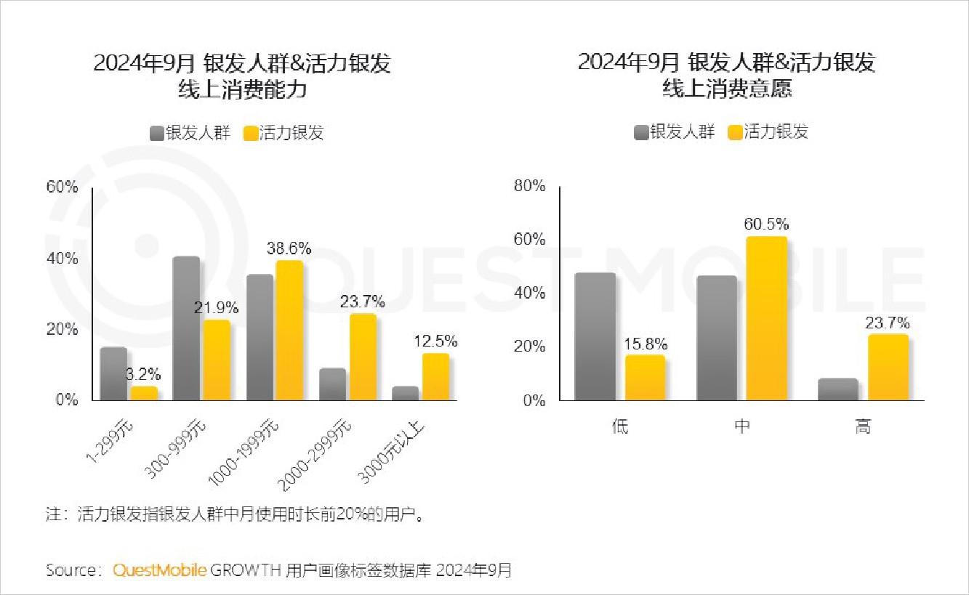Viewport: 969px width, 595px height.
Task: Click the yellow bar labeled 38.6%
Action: [x=289, y=331]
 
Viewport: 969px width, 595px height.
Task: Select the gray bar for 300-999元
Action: [x=186, y=328]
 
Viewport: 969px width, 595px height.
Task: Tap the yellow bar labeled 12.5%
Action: [x=435, y=376]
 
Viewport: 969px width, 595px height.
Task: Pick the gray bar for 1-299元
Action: [x=113, y=373]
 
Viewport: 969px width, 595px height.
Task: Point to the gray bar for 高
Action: [x=837, y=389]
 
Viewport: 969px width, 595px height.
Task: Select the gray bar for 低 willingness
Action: [x=595, y=336]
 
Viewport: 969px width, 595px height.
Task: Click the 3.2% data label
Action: [x=143, y=376]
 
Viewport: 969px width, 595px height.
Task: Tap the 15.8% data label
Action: [x=645, y=344]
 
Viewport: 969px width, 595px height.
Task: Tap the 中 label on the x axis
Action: [x=741, y=426]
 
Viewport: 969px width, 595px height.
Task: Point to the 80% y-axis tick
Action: [x=529, y=186]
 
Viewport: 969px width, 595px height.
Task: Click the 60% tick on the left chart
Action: [x=62, y=187]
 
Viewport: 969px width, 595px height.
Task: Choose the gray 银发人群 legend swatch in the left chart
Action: [x=157, y=133]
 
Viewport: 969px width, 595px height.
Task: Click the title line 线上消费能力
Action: [x=242, y=90]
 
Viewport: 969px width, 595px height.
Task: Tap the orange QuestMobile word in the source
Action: [x=160, y=570]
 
